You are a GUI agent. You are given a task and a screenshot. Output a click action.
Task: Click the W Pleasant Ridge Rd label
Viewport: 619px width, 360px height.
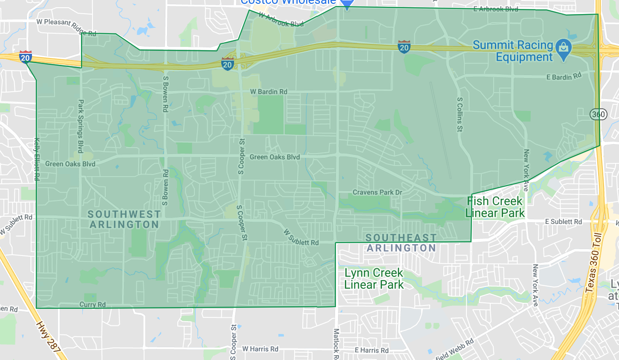click(66, 26)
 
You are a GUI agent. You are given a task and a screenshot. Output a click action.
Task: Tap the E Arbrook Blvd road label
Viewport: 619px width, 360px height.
click(495, 9)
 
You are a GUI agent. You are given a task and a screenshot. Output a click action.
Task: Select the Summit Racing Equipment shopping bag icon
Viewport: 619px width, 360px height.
click(564, 50)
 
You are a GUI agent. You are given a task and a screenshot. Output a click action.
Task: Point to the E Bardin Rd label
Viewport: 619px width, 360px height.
click(564, 77)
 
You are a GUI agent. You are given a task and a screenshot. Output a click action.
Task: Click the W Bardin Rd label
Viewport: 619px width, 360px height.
click(269, 92)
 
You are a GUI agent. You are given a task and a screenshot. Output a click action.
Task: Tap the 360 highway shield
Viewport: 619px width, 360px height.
click(599, 114)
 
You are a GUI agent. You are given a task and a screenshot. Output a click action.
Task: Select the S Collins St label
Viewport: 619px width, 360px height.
click(460, 114)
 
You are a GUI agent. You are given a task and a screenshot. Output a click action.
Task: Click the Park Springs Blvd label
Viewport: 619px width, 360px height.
click(81, 126)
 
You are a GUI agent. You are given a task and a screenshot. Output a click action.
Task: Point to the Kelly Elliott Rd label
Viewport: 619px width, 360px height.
click(37, 159)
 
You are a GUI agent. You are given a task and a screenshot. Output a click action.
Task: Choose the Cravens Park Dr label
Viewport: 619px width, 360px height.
click(377, 192)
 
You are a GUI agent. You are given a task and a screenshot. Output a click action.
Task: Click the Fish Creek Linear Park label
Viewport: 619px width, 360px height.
click(495, 207)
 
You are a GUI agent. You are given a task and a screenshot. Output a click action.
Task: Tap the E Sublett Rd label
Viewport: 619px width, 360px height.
click(563, 222)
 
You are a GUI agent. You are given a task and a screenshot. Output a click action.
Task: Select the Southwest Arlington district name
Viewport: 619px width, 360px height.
click(124, 219)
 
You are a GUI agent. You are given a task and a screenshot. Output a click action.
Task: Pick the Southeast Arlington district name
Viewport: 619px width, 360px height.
click(401, 243)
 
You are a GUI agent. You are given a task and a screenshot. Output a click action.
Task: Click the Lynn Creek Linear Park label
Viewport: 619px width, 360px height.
click(374, 279)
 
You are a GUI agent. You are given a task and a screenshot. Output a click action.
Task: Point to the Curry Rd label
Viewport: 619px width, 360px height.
click(93, 305)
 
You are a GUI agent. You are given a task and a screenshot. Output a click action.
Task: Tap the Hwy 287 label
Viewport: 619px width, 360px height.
click(48, 337)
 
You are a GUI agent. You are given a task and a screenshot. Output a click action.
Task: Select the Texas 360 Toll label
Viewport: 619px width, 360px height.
click(593, 263)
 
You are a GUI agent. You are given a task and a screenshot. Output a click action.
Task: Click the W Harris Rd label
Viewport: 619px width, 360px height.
click(260, 349)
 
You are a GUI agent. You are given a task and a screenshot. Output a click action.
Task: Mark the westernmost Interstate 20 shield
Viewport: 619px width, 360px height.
click(25, 57)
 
